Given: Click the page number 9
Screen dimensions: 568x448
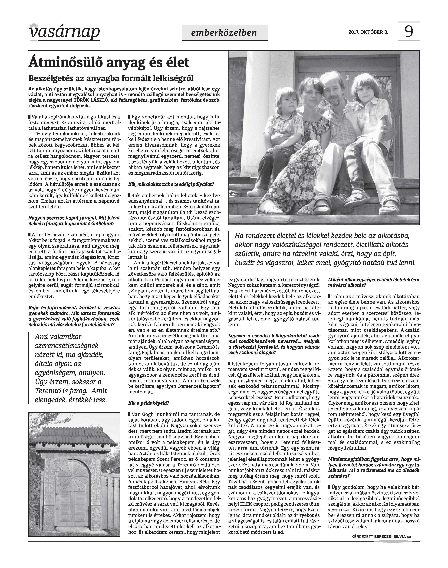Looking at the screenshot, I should click(409, 32).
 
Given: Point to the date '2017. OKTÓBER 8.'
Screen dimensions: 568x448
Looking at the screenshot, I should click(368, 32).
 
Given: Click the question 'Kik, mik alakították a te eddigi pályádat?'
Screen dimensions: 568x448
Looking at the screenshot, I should click(171, 184).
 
